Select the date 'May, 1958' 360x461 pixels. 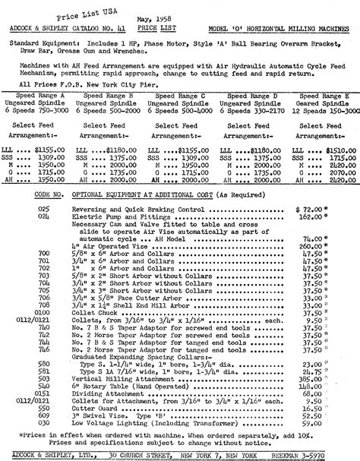[x=170, y=14]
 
